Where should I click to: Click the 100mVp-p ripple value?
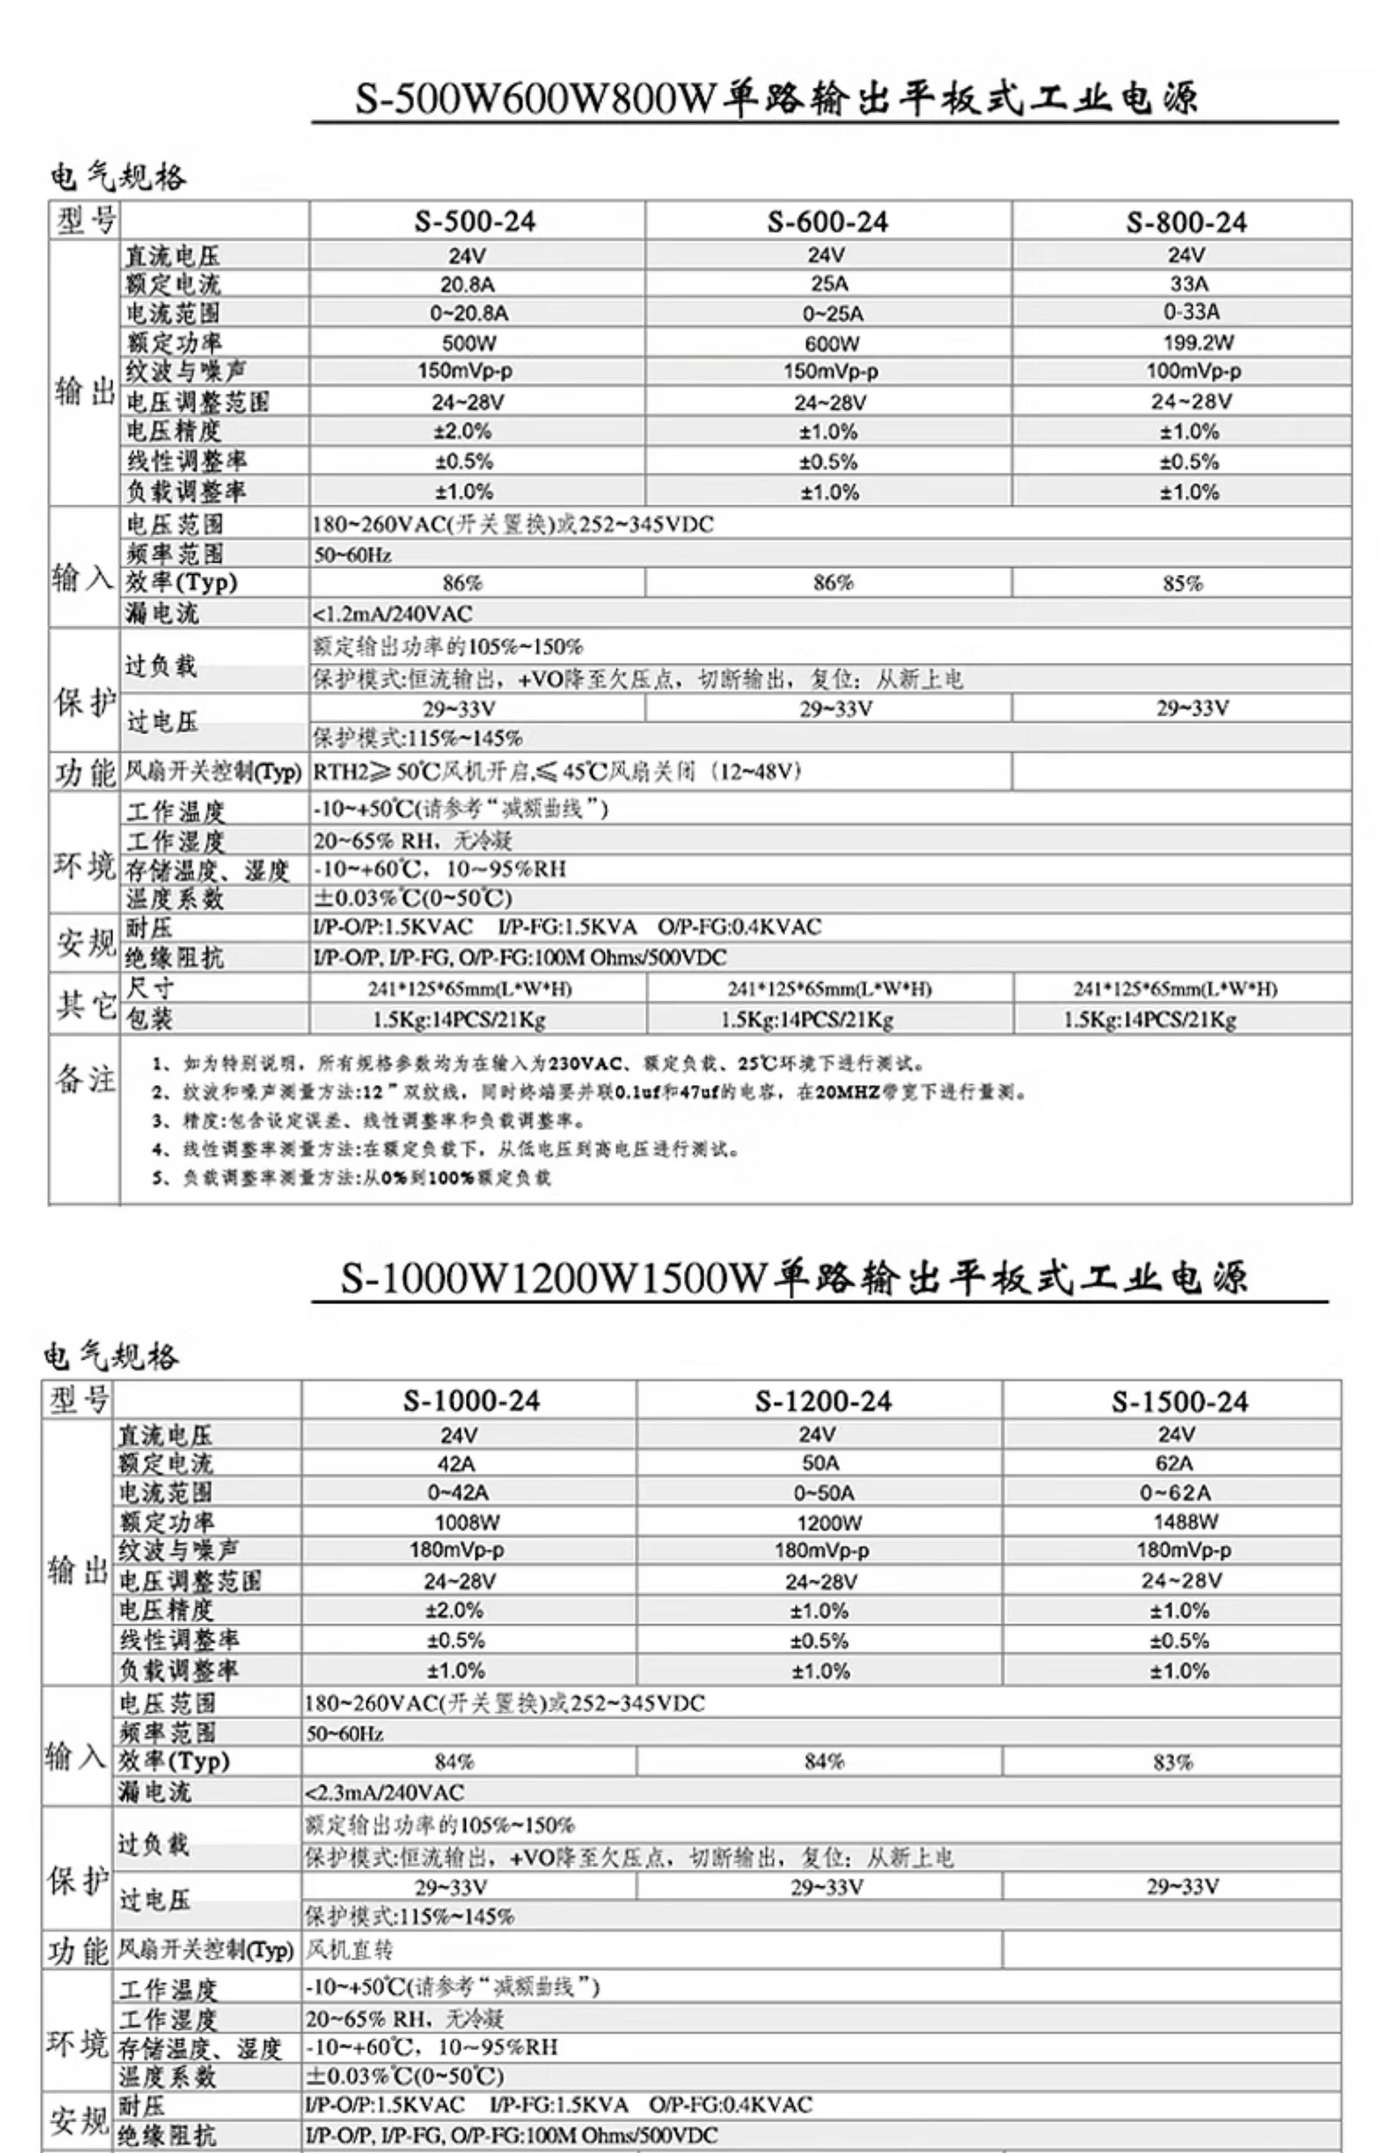pyautogui.click(x=1193, y=371)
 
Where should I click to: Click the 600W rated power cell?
pyautogui.click(x=831, y=344)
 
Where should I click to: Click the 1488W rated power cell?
pyautogui.click(x=1185, y=1522)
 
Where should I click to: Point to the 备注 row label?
pyautogui.click(x=85, y=1079)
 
